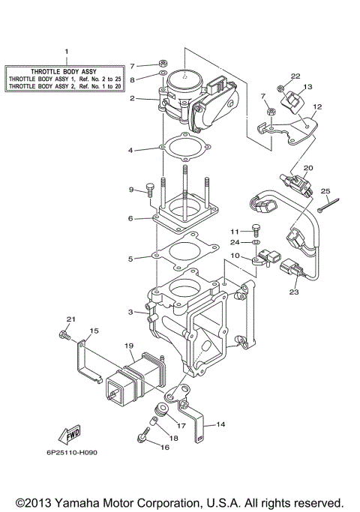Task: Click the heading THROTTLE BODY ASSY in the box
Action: (x=66, y=69)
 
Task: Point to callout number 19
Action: (x=128, y=346)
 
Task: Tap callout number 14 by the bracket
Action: (x=220, y=424)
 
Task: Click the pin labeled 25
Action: (x=328, y=202)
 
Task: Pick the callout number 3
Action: (x=130, y=312)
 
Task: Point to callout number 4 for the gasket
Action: (x=130, y=150)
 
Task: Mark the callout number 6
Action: (x=130, y=218)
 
